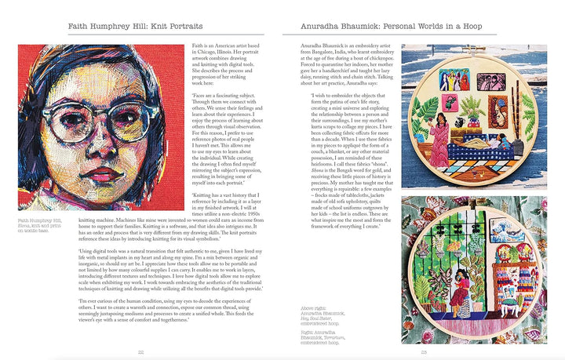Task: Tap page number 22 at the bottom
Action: point(141,352)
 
